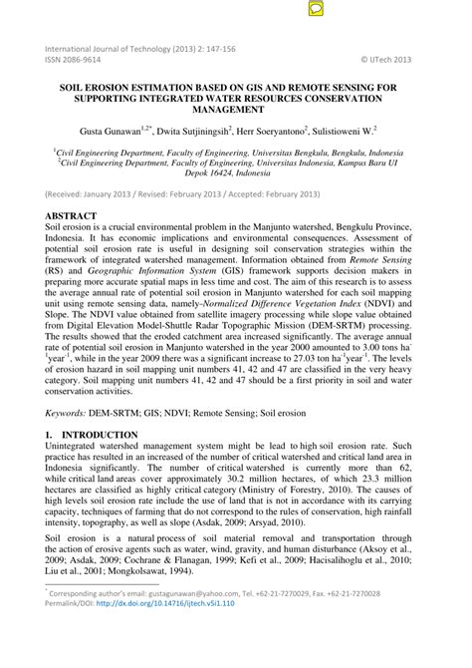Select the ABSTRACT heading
71,216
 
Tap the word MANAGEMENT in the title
236,111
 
